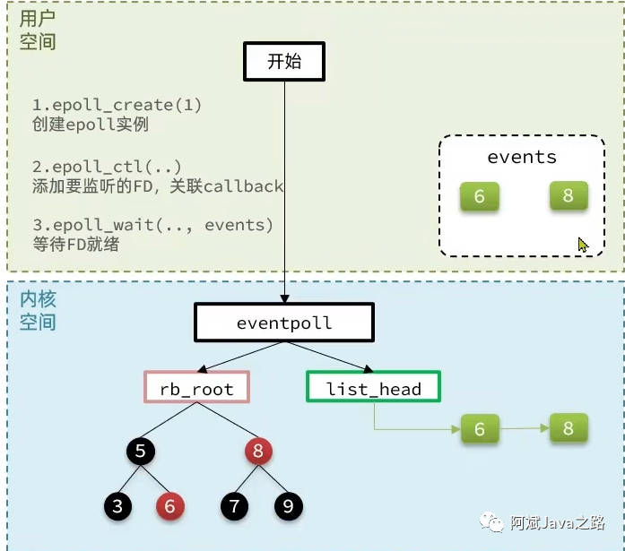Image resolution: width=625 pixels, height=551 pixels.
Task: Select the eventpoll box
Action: coord(284,323)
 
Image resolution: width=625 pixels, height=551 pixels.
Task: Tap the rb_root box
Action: coord(196,388)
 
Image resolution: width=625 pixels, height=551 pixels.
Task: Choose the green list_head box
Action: coord(373,388)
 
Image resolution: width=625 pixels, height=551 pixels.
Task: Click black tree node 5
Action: coord(140,451)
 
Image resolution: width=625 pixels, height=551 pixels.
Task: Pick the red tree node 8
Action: coord(258,451)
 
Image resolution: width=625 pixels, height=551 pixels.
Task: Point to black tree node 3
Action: coord(117,506)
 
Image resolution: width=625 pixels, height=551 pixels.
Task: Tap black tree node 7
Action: coord(234,506)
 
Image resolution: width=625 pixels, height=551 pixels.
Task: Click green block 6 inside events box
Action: coord(479,196)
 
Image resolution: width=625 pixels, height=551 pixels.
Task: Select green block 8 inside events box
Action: coord(569,195)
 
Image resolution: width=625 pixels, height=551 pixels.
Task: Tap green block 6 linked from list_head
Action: coord(480,430)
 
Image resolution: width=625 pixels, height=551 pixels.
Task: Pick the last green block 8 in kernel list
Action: coord(569,427)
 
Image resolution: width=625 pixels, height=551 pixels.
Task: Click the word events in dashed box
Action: coord(522,157)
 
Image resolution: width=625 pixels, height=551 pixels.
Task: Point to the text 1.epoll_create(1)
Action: coord(117,106)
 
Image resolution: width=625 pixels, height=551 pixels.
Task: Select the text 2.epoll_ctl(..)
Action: coord(107,167)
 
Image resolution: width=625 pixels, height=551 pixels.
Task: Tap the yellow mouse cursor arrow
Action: coord(583,244)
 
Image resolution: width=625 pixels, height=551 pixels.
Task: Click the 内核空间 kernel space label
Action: coord(37,310)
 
